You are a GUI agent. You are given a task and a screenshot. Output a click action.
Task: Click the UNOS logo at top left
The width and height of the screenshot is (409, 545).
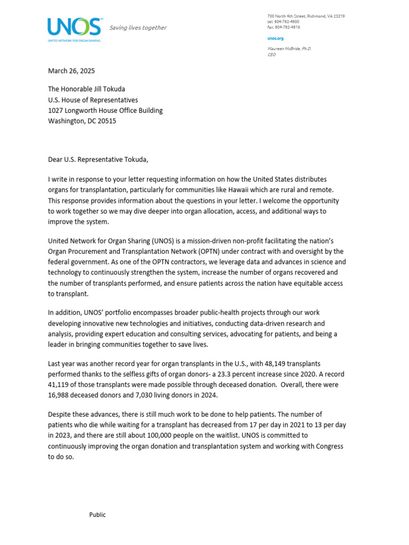point(74,28)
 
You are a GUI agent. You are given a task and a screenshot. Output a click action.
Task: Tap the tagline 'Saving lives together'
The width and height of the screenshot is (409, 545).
point(138,28)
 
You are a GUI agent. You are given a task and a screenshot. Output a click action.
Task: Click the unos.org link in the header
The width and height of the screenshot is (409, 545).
point(275,39)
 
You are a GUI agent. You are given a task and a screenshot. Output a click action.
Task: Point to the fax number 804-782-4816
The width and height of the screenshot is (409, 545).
point(287,27)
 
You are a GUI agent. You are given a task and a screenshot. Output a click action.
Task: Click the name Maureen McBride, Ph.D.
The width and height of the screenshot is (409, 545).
point(289,48)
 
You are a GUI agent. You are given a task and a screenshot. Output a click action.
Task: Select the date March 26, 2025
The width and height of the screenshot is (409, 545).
point(71,71)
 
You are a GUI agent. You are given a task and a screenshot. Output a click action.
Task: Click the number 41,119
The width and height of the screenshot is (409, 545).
point(60,384)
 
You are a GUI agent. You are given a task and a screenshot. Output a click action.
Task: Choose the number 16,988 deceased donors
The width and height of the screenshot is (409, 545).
point(60,394)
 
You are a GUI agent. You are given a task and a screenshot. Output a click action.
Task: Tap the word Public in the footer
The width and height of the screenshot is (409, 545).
point(97,515)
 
